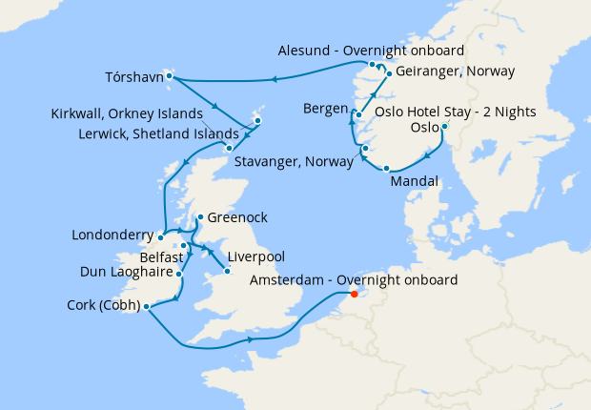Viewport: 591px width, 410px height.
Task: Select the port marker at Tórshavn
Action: click(x=167, y=74)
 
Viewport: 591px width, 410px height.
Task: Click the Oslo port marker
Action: click(x=445, y=127)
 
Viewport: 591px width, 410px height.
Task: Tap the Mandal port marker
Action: click(x=386, y=169)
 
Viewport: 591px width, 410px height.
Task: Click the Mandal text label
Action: click(x=414, y=181)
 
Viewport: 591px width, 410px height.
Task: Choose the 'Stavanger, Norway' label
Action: click(x=297, y=159)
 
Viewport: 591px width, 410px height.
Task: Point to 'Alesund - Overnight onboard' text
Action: click(x=372, y=50)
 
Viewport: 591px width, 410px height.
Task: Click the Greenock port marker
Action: click(x=198, y=217)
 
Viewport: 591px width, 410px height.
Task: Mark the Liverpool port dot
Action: click(x=226, y=272)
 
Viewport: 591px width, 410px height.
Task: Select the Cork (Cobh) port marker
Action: click(x=146, y=306)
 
